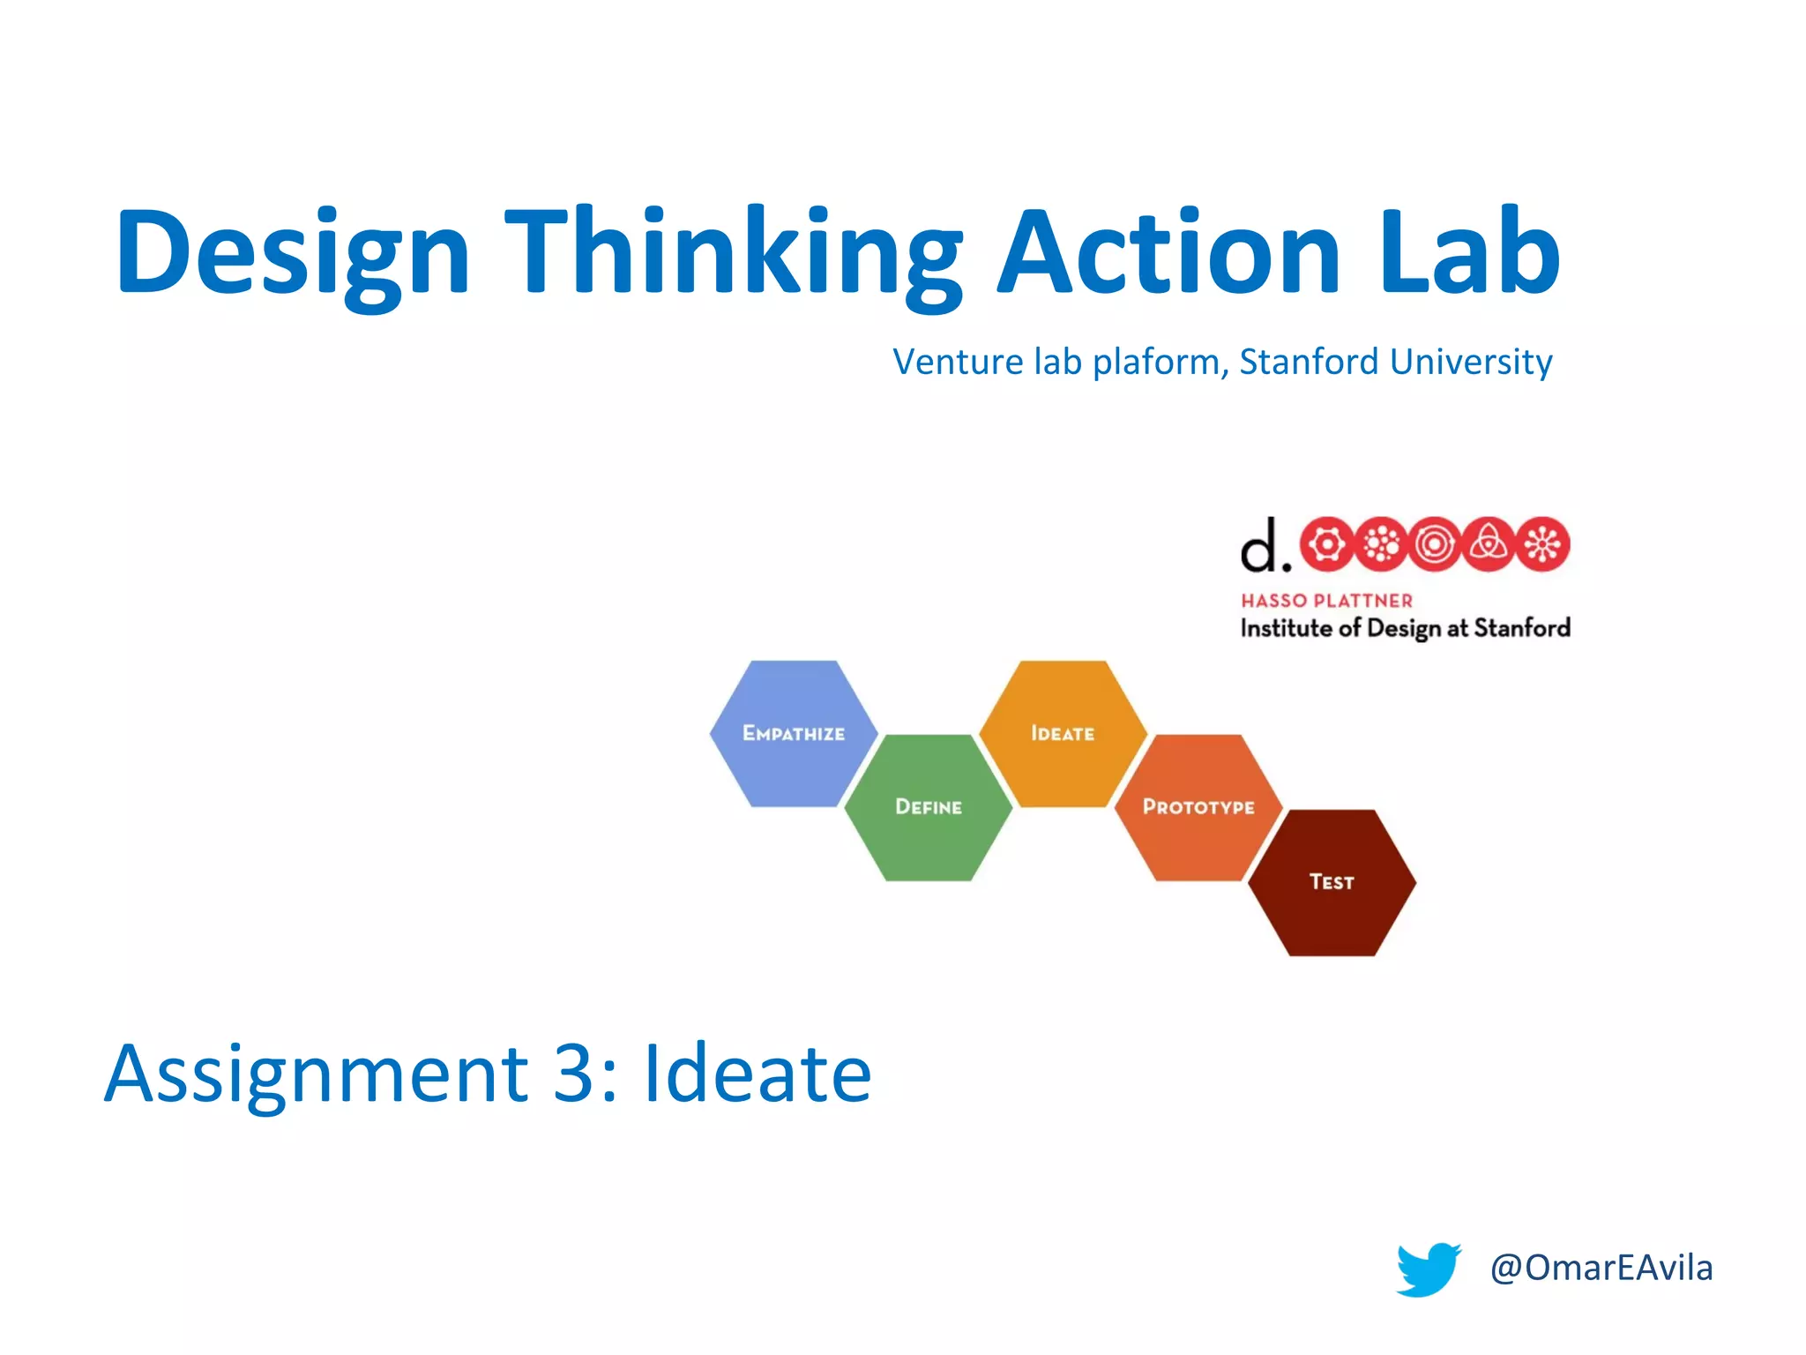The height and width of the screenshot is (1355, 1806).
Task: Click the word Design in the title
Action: click(x=293, y=253)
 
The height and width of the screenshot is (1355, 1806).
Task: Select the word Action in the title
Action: click(x=1169, y=253)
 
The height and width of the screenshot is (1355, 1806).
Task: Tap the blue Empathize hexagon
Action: click(x=794, y=733)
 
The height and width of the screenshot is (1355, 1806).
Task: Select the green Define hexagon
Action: click(x=928, y=807)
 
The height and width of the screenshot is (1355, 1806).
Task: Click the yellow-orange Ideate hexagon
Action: click(x=1063, y=733)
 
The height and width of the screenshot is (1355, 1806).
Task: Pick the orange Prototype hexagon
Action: click(x=1198, y=807)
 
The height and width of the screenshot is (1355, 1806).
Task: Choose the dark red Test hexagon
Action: click(x=1332, y=882)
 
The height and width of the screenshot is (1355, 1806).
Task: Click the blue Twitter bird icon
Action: click(x=1428, y=1269)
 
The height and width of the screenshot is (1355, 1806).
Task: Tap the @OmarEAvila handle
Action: click(x=1601, y=1268)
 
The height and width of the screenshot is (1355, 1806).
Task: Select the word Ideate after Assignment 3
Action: click(x=757, y=1074)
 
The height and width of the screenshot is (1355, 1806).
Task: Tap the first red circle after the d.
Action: click(x=1327, y=544)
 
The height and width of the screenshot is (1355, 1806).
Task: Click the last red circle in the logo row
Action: click(x=1542, y=544)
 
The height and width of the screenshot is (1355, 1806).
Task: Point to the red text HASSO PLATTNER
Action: click(x=1326, y=601)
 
